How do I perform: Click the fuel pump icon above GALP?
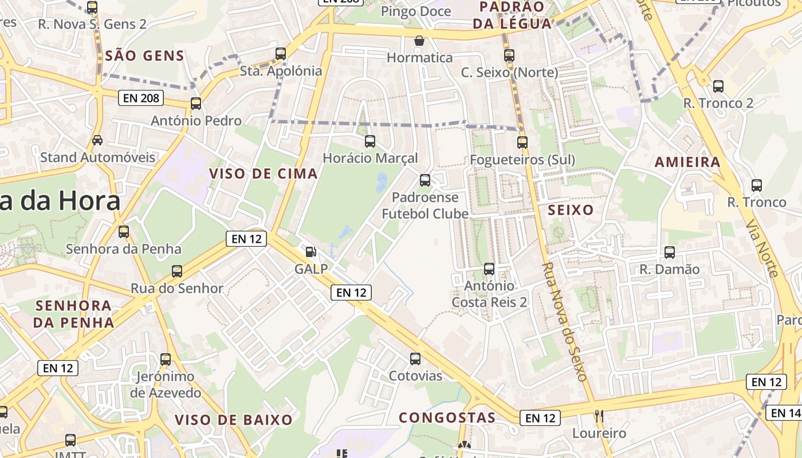click(310, 251)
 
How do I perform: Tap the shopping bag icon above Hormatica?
click(419, 41)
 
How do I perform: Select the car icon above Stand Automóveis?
click(97, 140)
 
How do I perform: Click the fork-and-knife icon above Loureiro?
click(599, 416)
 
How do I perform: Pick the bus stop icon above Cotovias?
click(415, 359)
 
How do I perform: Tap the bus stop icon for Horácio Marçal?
click(370, 141)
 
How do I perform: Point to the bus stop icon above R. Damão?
click(669, 252)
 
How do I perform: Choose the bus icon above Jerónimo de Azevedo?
click(166, 360)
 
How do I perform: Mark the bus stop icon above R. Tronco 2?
click(718, 86)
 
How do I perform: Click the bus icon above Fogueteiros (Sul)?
click(522, 143)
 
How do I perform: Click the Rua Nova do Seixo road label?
click(565, 322)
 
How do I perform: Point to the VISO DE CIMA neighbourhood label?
click(264, 173)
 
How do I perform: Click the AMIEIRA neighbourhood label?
click(687, 162)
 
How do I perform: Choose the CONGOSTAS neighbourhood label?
click(447, 417)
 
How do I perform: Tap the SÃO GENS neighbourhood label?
click(145, 56)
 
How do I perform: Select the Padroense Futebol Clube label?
click(425, 206)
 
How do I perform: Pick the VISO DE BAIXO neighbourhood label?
click(234, 420)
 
